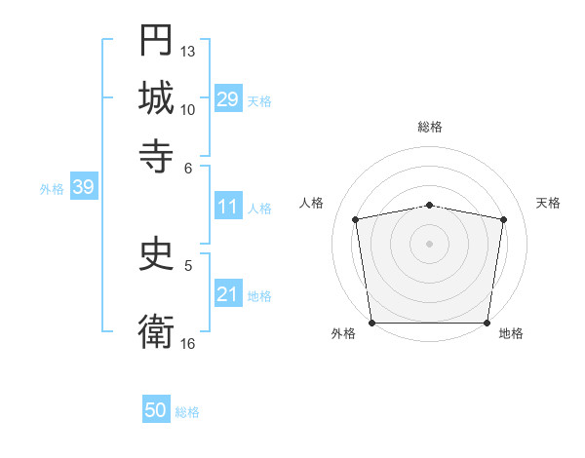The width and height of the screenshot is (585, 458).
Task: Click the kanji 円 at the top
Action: [156, 40]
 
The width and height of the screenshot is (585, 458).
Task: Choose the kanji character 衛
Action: [156, 330]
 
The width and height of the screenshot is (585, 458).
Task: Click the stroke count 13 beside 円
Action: [188, 51]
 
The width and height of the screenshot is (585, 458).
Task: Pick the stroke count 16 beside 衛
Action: [188, 343]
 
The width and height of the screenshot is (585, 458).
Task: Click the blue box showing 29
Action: [227, 99]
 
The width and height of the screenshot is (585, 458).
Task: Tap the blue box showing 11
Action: [227, 207]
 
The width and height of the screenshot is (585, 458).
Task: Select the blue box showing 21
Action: [227, 294]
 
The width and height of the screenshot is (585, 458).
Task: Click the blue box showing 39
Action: [83, 188]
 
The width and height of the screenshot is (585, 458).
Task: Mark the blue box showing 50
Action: [156, 411]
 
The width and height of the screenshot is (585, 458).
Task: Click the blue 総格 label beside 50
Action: [187, 413]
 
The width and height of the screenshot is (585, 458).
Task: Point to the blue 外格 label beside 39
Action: [52, 189]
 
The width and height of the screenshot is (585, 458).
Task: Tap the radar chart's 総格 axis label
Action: [430, 127]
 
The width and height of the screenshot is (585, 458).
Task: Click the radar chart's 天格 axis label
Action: [549, 203]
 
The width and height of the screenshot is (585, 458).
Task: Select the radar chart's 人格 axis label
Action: [311, 203]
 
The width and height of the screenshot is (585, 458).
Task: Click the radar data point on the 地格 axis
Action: [487, 323]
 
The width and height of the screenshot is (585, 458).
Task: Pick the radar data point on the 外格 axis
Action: [371, 323]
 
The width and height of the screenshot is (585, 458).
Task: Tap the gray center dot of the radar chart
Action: [430, 243]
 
